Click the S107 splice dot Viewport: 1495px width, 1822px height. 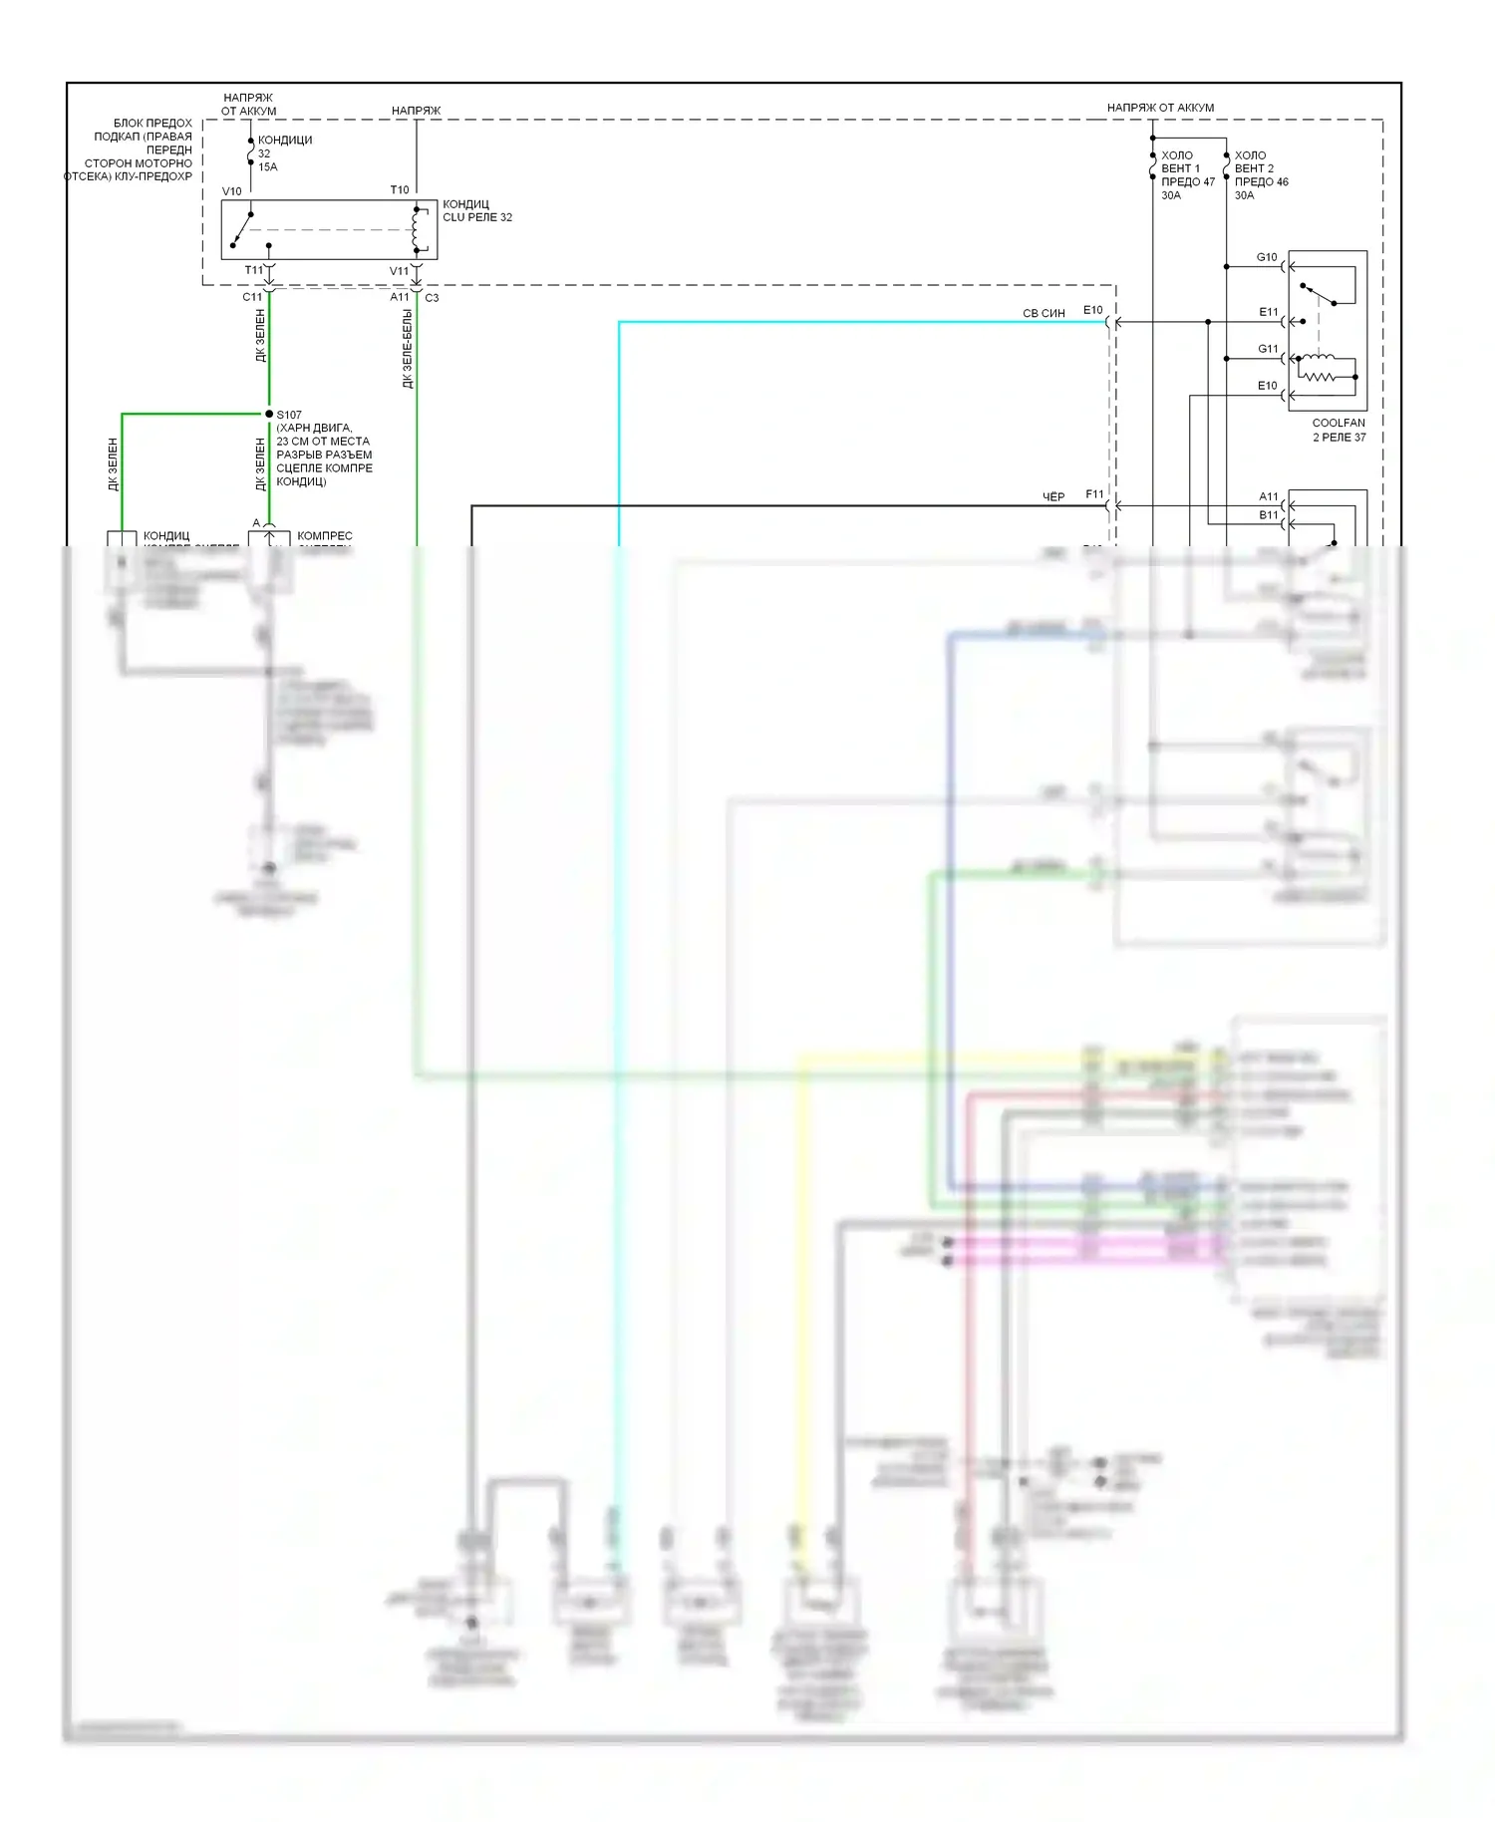pyautogui.click(x=269, y=414)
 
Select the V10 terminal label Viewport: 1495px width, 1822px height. pyautogui.click(x=231, y=191)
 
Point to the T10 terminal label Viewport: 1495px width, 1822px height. pyautogui.click(x=399, y=189)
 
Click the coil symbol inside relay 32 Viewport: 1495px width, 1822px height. pyautogui.click(x=416, y=230)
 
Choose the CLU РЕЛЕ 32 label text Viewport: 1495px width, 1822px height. pyautogui.click(x=477, y=217)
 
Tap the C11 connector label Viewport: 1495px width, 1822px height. pyautogui.click(x=252, y=297)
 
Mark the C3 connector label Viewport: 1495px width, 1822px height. pyautogui.click(x=432, y=298)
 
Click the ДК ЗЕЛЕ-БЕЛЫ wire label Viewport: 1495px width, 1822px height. pyautogui.click(x=408, y=349)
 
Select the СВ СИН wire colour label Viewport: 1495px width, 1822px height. pyautogui.click(x=1044, y=313)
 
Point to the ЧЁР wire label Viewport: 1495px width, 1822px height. pyautogui.click(x=1053, y=496)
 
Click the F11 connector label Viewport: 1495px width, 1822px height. pyautogui.click(x=1094, y=494)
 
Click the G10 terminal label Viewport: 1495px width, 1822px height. pyautogui.click(x=1267, y=257)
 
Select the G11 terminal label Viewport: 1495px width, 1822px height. pyautogui.click(x=1268, y=349)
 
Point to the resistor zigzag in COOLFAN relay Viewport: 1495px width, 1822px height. pyautogui.click(x=1318, y=377)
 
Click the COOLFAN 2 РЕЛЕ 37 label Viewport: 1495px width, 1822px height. pyautogui.click(x=1339, y=430)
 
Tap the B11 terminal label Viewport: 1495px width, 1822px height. pyautogui.click(x=1268, y=515)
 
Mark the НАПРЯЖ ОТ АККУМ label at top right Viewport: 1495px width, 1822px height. pyautogui.click(x=1160, y=108)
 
